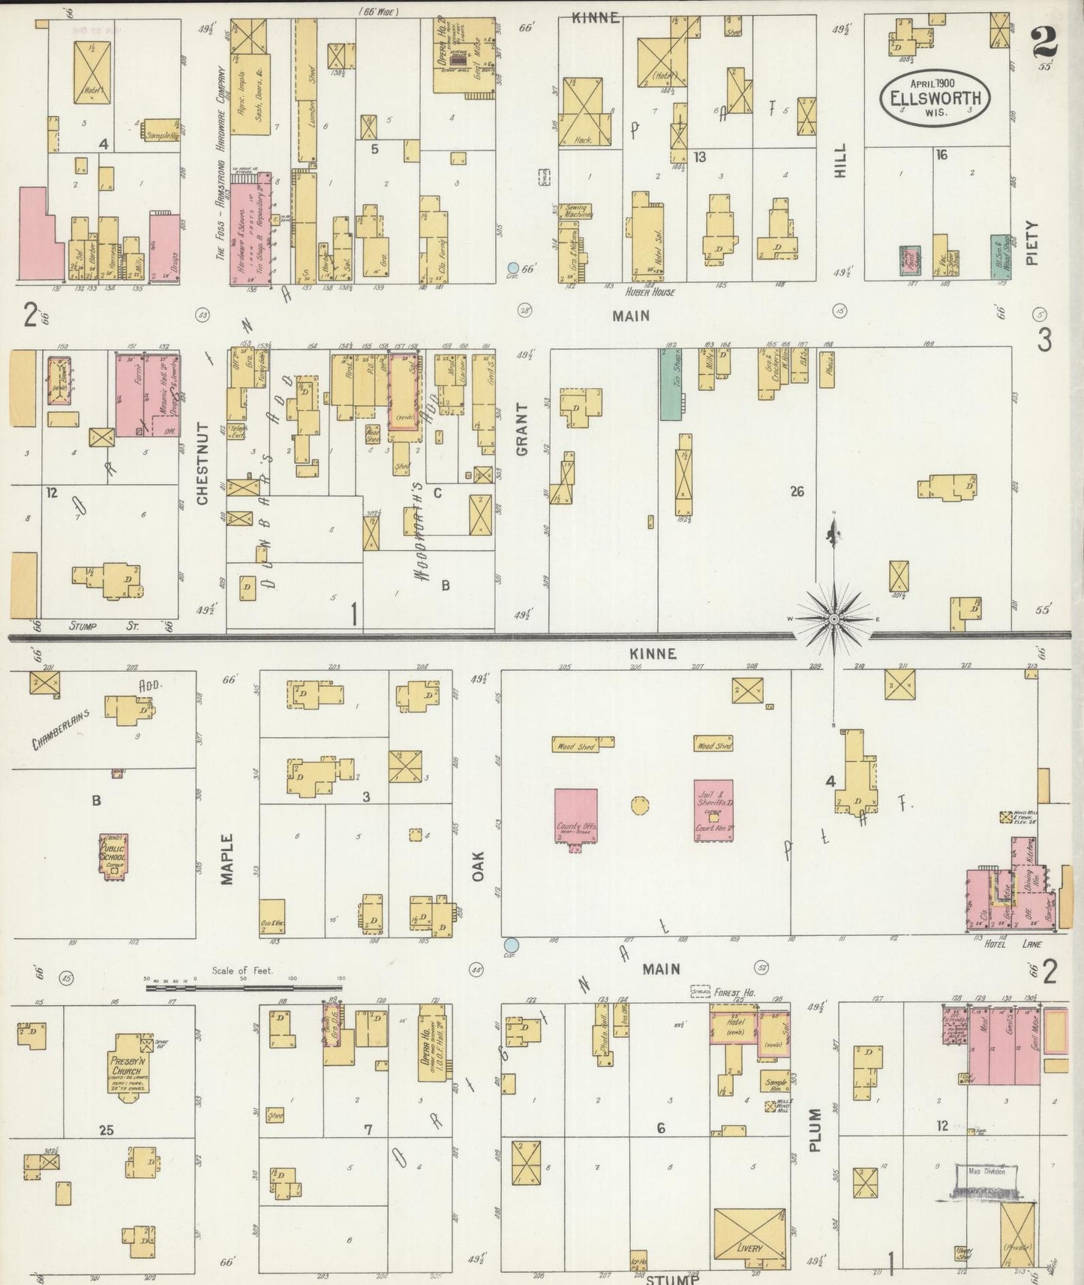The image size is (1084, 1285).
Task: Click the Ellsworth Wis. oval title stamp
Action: click(935, 98)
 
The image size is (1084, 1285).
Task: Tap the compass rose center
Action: click(833, 619)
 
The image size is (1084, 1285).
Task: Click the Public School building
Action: click(114, 852)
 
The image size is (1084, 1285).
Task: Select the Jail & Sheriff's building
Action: click(713, 809)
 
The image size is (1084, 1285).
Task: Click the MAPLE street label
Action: click(227, 859)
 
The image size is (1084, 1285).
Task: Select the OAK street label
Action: click(478, 865)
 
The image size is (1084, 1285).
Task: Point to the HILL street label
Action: click(840, 160)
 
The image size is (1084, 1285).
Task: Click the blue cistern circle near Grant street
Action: click(513, 267)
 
